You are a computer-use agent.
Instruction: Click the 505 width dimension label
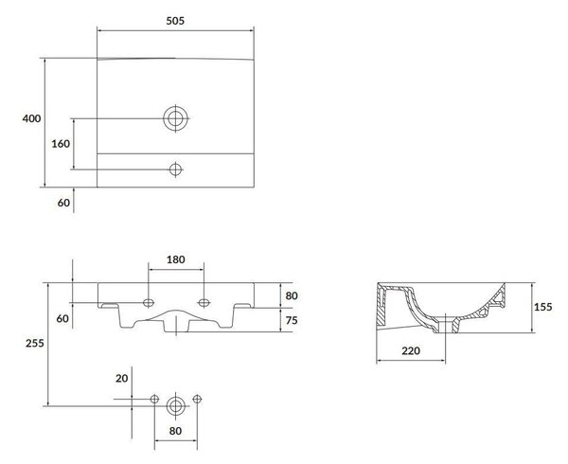click(x=175, y=21)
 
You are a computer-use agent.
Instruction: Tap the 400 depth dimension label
click(x=31, y=118)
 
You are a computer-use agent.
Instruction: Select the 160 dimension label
click(x=61, y=144)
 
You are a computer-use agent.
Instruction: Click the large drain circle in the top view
click(x=176, y=118)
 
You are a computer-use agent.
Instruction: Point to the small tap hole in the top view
click(x=176, y=170)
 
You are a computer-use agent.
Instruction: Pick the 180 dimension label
click(x=176, y=259)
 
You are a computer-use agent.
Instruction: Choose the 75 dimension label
click(x=292, y=320)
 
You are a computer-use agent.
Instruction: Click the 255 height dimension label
click(x=35, y=343)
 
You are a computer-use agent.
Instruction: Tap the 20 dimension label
click(x=122, y=378)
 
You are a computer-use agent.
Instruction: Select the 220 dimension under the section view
click(x=411, y=350)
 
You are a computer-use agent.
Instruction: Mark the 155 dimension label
click(x=543, y=307)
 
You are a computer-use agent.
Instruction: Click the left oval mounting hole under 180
click(x=149, y=302)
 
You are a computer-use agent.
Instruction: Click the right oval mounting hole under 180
click(x=204, y=302)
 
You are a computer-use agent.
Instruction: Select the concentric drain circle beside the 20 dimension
click(x=176, y=406)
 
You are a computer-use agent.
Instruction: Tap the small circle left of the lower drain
click(x=154, y=400)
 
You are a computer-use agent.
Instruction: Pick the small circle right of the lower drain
click(x=197, y=400)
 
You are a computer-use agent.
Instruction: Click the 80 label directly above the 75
click(x=292, y=295)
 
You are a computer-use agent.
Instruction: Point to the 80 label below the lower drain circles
click(x=175, y=431)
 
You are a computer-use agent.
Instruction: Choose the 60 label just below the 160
click(x=63, y=203)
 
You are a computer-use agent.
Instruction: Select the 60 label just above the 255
click(x=62, y=318)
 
